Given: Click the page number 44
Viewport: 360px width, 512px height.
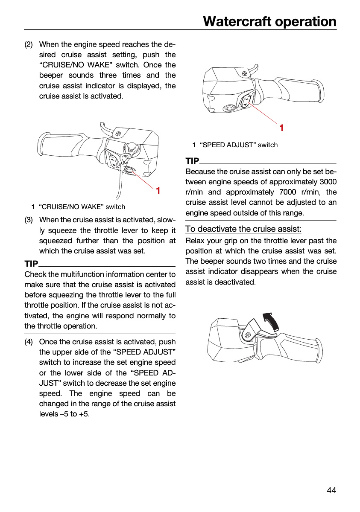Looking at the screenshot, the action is coord(331,490).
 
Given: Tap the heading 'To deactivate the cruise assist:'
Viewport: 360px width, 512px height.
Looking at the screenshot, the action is coord(243,229).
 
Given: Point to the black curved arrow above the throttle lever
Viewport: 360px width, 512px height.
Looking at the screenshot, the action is coord(272,322).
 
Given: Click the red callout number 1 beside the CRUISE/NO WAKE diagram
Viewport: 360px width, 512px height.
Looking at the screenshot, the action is coord(158,190).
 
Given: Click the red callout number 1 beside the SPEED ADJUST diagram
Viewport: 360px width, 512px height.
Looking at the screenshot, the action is coord(281,128).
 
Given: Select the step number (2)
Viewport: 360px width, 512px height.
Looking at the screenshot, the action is coord(29,44).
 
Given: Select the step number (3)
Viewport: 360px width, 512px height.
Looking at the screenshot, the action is coord(29,220).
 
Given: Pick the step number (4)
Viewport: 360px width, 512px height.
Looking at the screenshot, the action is coord(29,342).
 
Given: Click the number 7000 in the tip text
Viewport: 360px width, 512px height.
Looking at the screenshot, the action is coord(288,192).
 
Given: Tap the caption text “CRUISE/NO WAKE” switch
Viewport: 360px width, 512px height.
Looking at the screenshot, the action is coord(82,207).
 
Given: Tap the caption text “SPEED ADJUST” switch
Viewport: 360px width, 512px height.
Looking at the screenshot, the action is coord(239,145).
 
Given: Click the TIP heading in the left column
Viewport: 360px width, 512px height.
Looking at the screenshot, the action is coord(31,264).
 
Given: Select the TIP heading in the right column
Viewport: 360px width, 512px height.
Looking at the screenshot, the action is coord(192,161).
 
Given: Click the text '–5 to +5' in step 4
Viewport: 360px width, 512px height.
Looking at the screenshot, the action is coord(74,414).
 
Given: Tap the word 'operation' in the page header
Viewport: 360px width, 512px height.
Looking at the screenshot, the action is coord(306,22).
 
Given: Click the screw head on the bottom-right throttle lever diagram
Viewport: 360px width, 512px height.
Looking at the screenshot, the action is coord(248,335).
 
